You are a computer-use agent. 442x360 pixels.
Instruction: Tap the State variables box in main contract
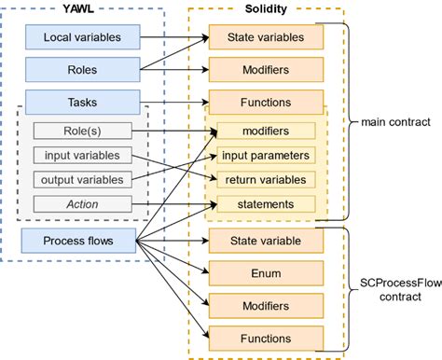[265, 38]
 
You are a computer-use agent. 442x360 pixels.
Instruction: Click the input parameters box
[267, 155]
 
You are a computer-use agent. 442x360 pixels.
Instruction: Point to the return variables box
[267, 179]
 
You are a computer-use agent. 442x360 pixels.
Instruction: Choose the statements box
[267, 203]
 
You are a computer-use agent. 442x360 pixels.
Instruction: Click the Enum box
[265, 273]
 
